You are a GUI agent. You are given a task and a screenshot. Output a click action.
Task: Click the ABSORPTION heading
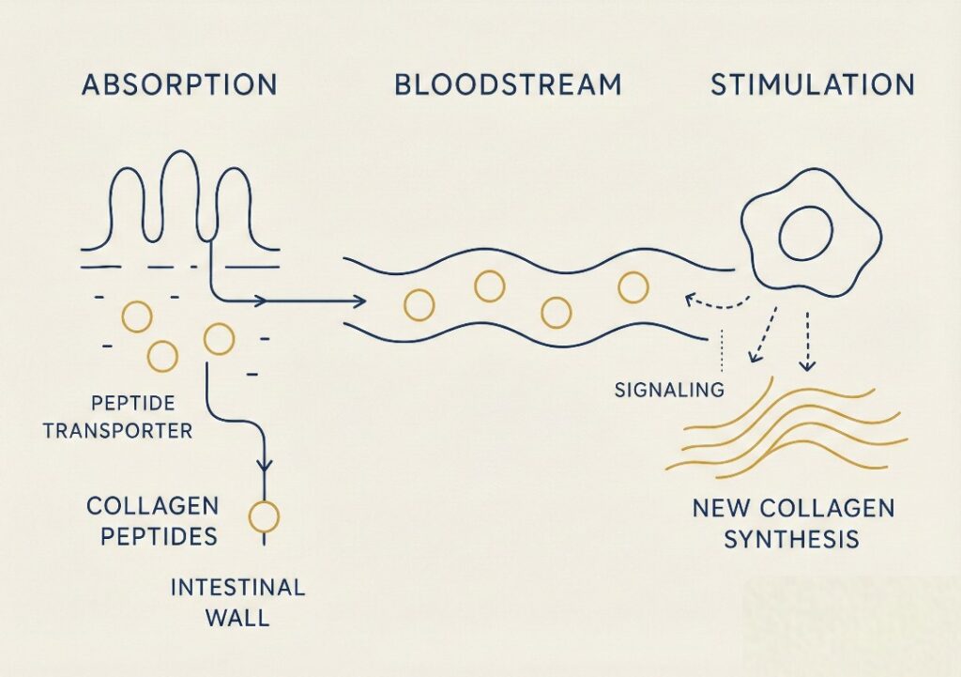(179, 85)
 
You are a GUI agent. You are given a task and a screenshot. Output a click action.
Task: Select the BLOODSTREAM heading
(508, 85)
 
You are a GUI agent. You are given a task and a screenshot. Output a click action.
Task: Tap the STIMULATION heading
(813, 85)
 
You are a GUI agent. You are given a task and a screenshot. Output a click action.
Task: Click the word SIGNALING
(669, 390)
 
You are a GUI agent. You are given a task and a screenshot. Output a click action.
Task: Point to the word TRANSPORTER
(117, 430)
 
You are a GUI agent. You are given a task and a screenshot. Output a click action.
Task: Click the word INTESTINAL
(237, 588)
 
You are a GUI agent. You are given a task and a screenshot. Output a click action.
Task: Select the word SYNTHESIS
(791, 540)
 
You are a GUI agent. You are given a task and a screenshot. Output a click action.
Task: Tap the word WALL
(237, 618)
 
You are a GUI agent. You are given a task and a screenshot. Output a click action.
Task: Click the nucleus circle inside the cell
(805, 234)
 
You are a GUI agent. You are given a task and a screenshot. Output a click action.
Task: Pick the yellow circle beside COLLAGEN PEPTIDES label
(264, 517)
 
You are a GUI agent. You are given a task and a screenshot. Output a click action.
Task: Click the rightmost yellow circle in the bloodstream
(633, 287)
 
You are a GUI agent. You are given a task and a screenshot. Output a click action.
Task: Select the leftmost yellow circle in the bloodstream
(419, 305)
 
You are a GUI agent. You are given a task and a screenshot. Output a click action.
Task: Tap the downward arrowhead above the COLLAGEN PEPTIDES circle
(264, 465)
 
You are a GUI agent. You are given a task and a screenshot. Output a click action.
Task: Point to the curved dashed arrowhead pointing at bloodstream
(692, 299)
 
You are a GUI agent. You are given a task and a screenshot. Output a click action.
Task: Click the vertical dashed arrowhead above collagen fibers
(808, 365)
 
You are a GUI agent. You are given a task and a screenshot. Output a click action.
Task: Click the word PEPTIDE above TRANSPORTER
(132, 403)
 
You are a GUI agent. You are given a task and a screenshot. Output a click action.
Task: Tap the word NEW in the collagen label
(717, 508)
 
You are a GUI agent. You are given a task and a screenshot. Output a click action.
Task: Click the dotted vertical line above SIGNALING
(724, 350)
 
